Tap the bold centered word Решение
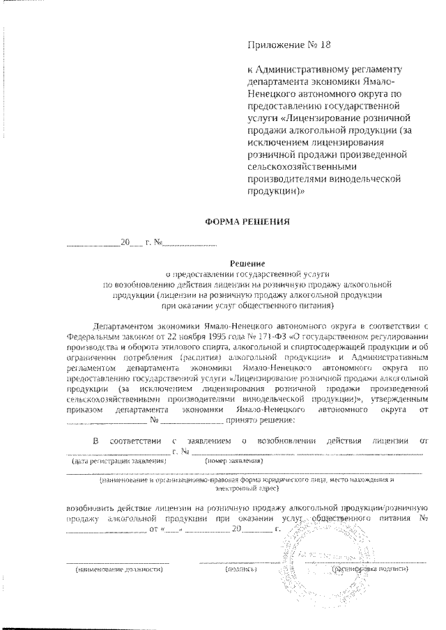[x=245, y=263]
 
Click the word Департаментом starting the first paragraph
[x=125, y=326]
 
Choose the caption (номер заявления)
[x=233, y=462]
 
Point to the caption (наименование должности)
[x=118, y=569]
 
